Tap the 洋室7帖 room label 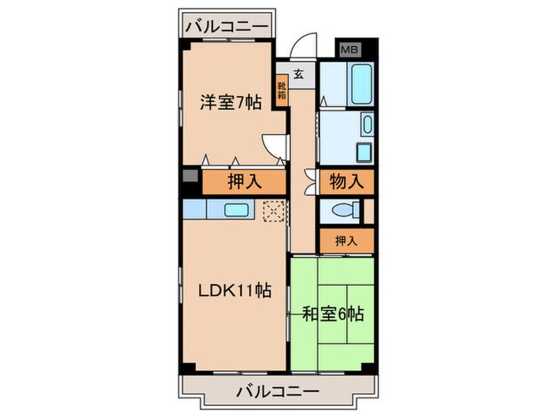tap(231, 103)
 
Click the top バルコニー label tap(226, 27)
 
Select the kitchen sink tap(236, 210)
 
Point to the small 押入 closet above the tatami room tap(346, 241)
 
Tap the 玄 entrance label tap(298, 75)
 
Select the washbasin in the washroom tap(367, 123)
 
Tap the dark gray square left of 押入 tap(190, 177)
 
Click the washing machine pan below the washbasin tap(364, 152)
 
